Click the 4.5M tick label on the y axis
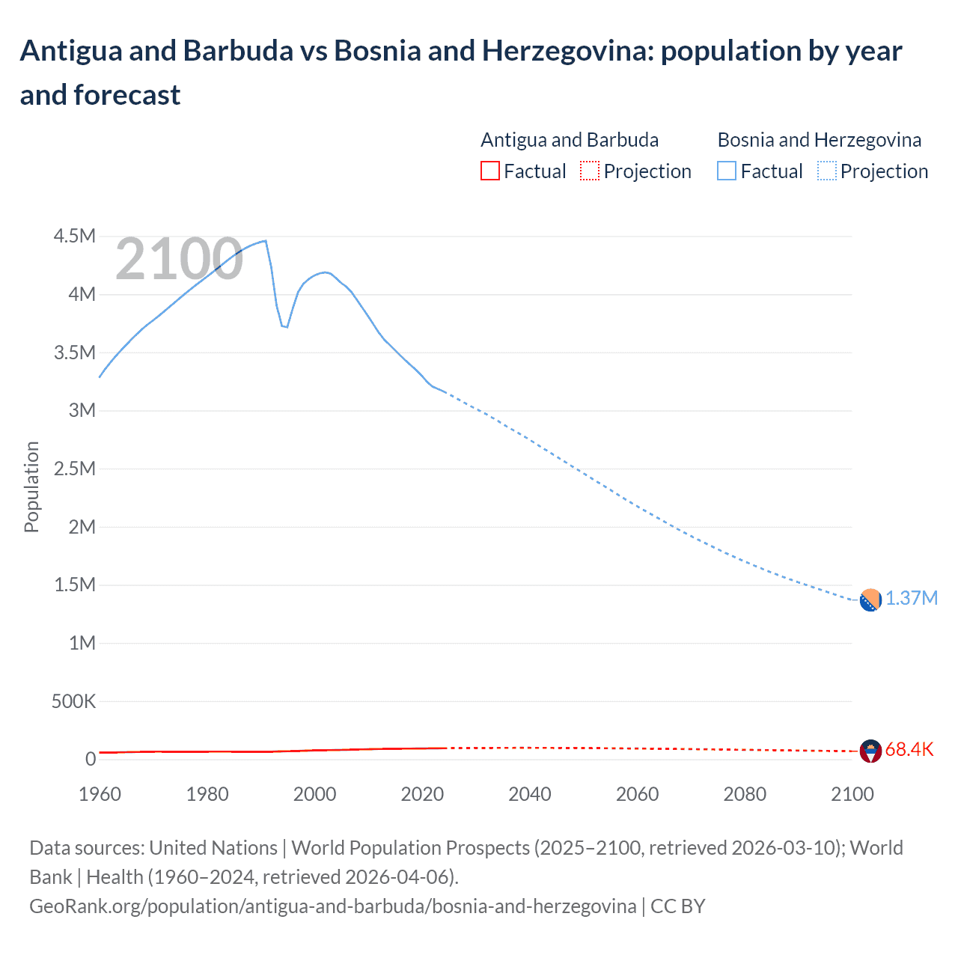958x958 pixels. pyautogui.click(x=75, y=237)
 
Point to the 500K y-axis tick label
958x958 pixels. pyautogui.click(x=73, y=702)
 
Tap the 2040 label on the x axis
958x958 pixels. pyautogui.click(x=530, y=794)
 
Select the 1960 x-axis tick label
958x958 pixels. pyautogui.click(x=100, y=794)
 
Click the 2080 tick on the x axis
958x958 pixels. pyautogui.click(x=745, y=794)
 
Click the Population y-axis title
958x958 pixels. pyautogui.click(x=31, y=486)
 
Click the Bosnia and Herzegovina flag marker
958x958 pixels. pyautogui.click(x=870, y=600)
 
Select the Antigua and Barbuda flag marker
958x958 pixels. pyautogui.click(x=870, y=751)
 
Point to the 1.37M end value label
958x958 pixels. pyautogui.click(x=912, y=599)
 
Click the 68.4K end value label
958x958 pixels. pyautogui.click(x=909, y=750)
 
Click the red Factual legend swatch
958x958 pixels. pyautogui.click(x=489, y=171)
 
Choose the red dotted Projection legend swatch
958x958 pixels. pyautogui.click(x=590, y=171)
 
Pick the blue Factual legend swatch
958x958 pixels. pyautogui.click(x=727, y=171)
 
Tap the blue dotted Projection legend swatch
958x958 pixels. pyautogui.click(x=827, y=171)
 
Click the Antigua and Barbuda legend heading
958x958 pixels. pyautogui.click(x=570, y=140)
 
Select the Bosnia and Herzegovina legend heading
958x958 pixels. pyautogui.click(x=820, y=140)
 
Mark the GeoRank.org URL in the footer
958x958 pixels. pyautogui.click(x=333, y=906)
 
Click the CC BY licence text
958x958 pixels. pyautogui.click(x=678, y=906)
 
